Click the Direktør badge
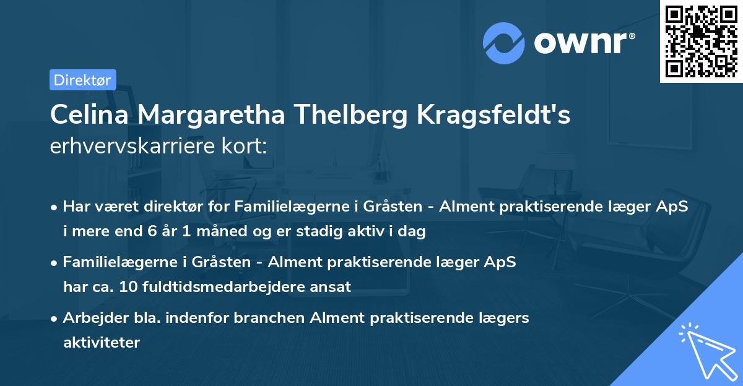click(x=82, y=80)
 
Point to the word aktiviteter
click(x=102, y=342)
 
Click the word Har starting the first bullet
click(x=76, y=207)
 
